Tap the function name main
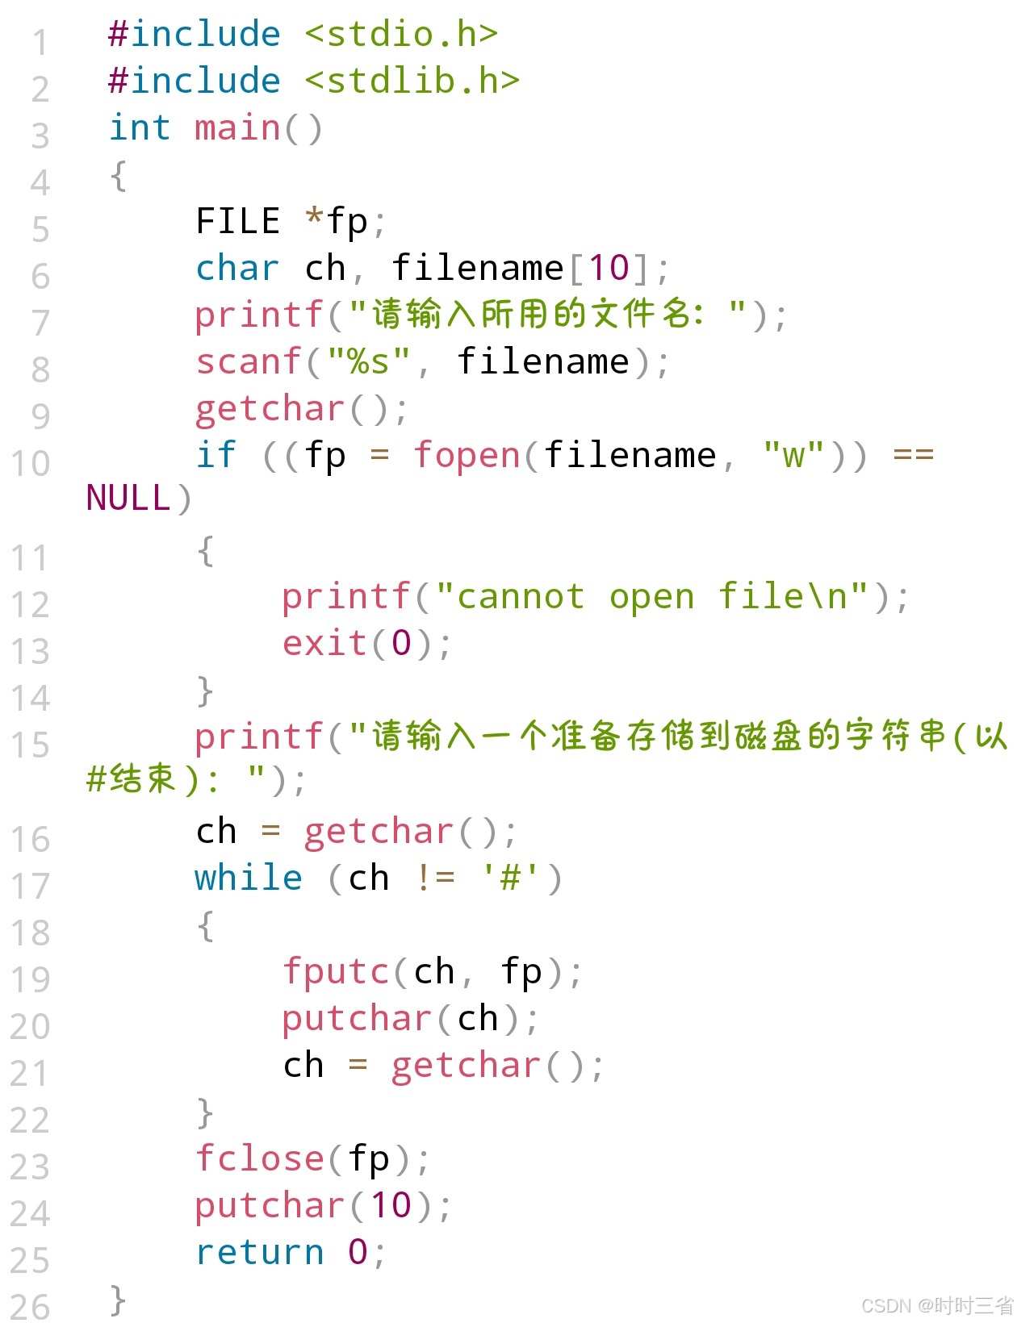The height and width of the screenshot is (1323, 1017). point(237,128)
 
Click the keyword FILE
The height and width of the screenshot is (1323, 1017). point(238,221)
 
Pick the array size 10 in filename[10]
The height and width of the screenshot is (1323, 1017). point(609,268)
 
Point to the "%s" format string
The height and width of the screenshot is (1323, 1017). point(369,361)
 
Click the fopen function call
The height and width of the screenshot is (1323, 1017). point(467,455)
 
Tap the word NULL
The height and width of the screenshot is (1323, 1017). point(128,499)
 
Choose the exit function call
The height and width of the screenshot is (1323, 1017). point(325,644)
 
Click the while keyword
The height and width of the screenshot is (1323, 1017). point(249,878)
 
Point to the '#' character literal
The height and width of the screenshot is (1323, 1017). point(511,878)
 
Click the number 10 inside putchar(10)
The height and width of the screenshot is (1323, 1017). point(391,1205)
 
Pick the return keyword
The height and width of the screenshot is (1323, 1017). point(260,1252)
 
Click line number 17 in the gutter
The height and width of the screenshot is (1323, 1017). point(31,887)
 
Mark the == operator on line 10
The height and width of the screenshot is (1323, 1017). point(913,455)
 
